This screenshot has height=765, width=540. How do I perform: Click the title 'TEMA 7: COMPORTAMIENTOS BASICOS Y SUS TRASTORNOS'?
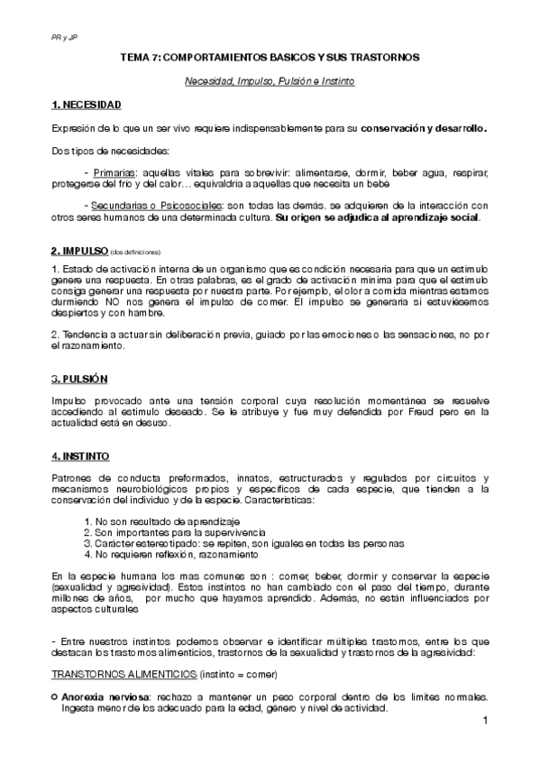(270, 57)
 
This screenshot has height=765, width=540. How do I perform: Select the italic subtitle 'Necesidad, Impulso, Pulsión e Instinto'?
(270, 81)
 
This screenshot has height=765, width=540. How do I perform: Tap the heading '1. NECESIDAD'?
(87, 106)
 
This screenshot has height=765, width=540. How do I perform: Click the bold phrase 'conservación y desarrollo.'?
(424, 128)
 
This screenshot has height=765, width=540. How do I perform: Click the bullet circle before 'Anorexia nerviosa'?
(55, 698)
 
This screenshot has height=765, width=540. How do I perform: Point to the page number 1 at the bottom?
(484, 722)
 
